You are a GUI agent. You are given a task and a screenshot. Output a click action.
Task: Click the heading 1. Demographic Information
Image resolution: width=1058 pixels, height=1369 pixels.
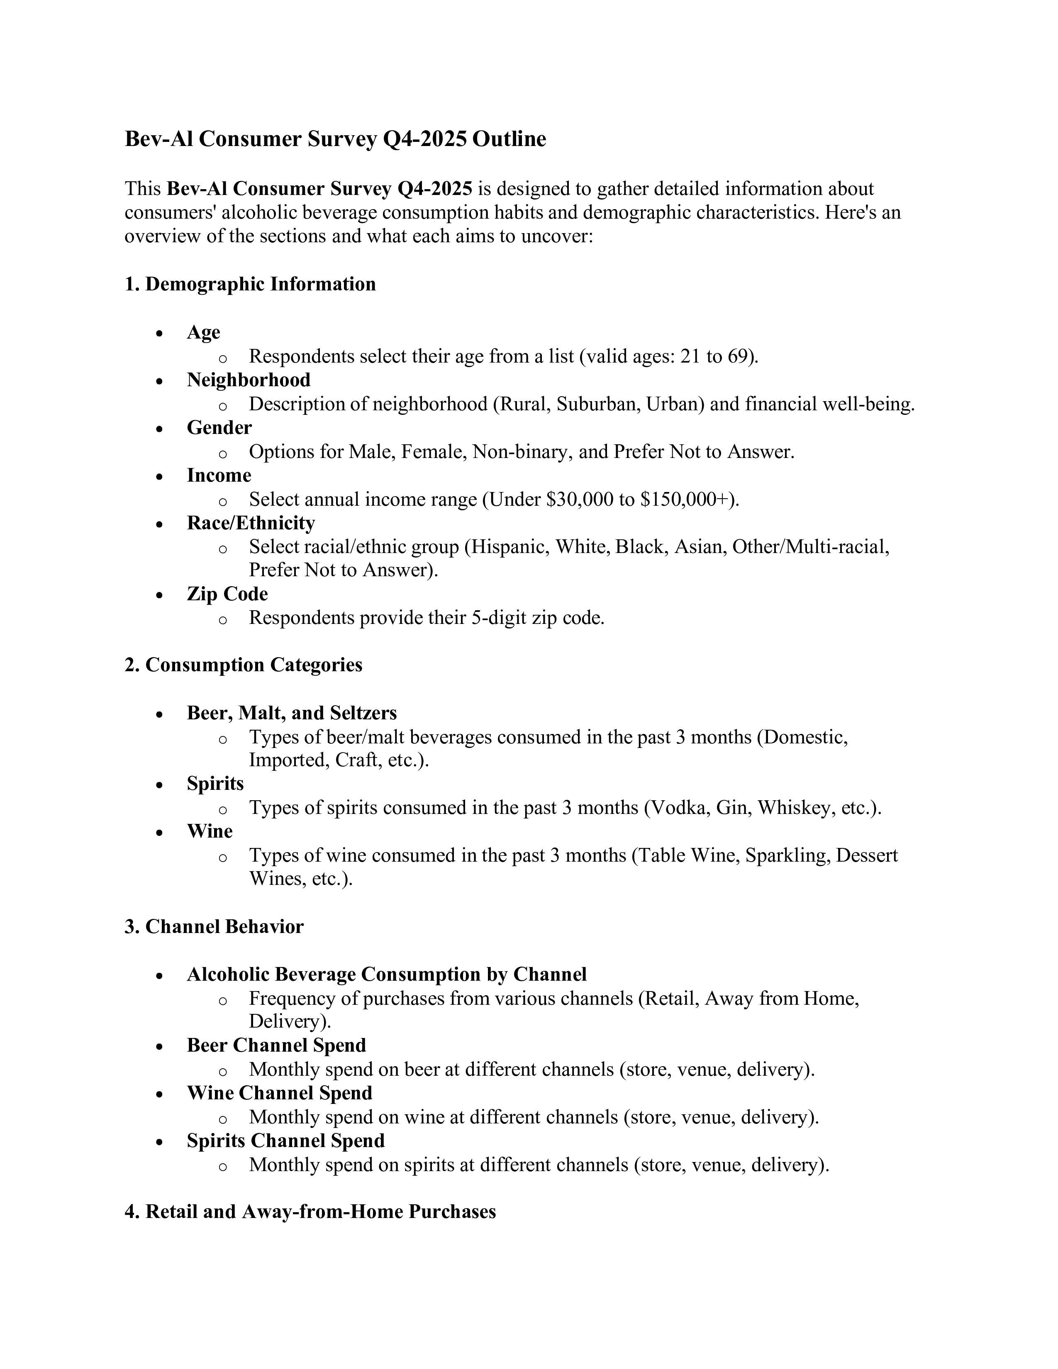point(250,284)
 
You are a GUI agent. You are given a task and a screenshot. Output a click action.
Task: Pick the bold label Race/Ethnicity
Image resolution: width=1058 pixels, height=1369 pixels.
point(251,523)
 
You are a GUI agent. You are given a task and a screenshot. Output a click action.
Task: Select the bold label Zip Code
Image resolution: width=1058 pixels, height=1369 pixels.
point(227,594)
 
